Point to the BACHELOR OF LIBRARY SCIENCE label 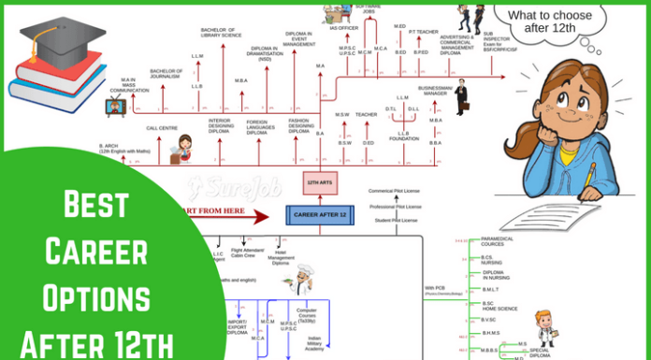[221, 33]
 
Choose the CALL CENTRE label [163, 128]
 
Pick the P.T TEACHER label [424, 31]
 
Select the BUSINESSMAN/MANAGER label [436, 91]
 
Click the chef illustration [301, 281]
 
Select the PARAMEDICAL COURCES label [499, 241]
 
